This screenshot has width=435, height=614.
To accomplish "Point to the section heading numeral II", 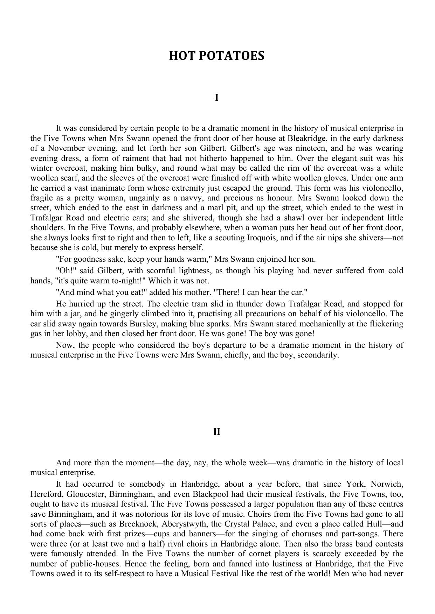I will (217, 432).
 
